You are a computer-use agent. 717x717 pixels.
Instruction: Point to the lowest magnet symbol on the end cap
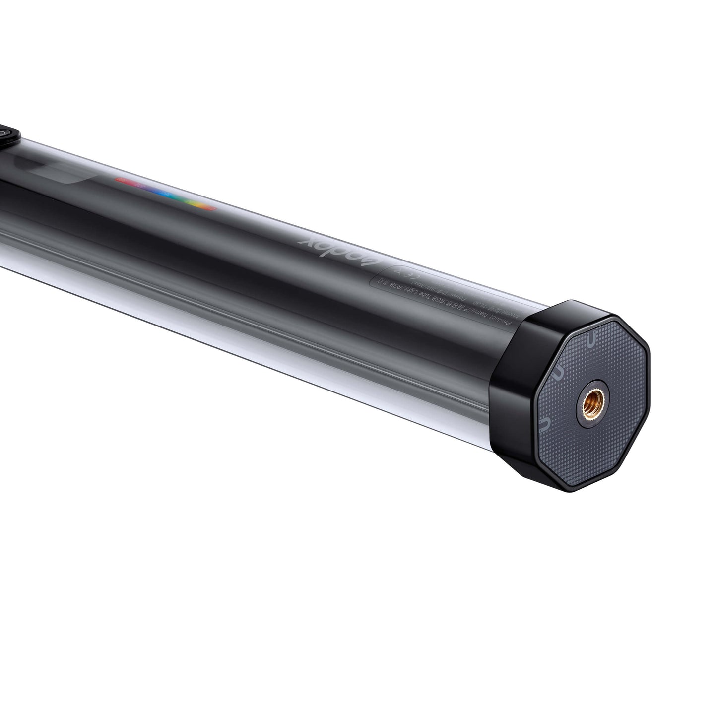[544, 423]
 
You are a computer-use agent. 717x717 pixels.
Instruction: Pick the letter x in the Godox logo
[306, 242]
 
